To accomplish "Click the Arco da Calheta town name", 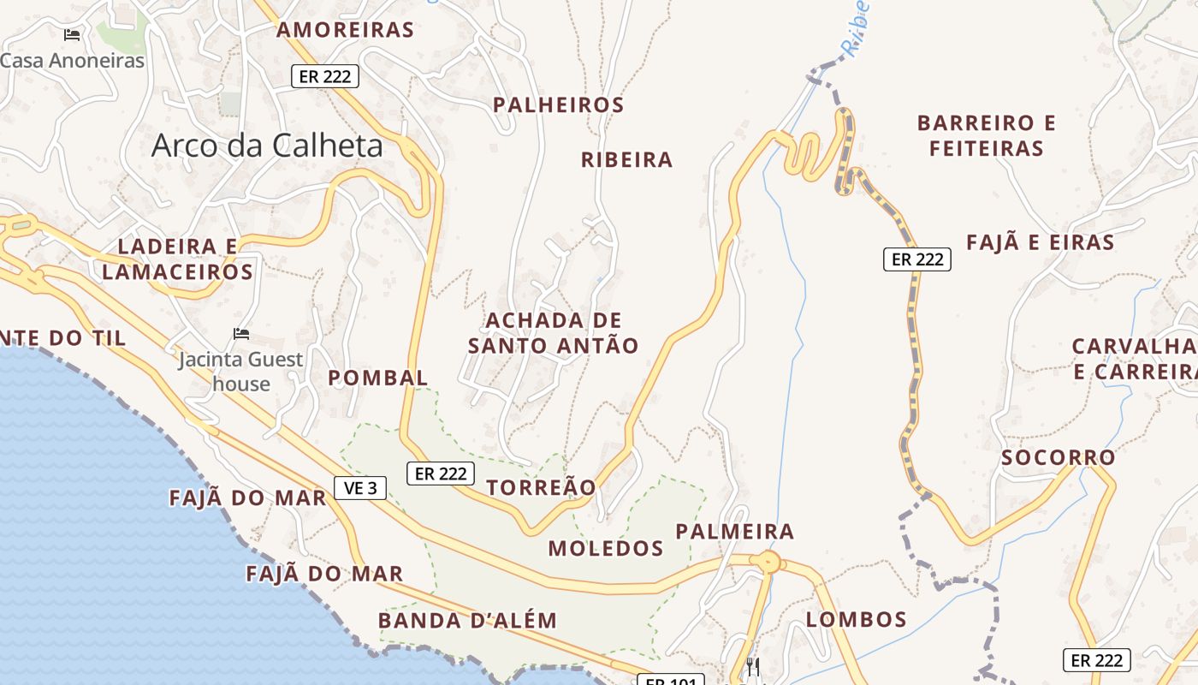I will tap(267, 146).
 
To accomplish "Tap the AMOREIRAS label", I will tap(345, 30).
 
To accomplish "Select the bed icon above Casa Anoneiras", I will tap(72, 35).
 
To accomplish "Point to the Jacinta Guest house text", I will tap(240, 371).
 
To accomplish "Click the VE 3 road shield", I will tap(359, 488).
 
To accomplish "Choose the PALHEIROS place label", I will tap(558, 105).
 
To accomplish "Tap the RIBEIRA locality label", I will tap(626, 160).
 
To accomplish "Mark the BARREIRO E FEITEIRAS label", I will tap(986, 135).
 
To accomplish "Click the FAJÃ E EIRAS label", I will tap(1040, 243).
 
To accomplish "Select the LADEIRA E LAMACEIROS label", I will tap(178, 259).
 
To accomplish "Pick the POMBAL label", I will tap(377, 378).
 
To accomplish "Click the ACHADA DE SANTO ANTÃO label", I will tap(553, 333).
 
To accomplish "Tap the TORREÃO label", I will tap(541, 487).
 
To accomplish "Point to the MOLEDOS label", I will tap(606, 548).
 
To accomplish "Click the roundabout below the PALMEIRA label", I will tap(768, 563).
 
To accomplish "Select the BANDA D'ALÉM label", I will tap(467, 620).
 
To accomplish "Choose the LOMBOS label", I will tap(856, 619).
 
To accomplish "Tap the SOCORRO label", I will tap(1058, 457).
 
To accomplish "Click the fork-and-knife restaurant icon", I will tap(753, 666).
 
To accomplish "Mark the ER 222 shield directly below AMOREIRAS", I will tap(324, 76).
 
